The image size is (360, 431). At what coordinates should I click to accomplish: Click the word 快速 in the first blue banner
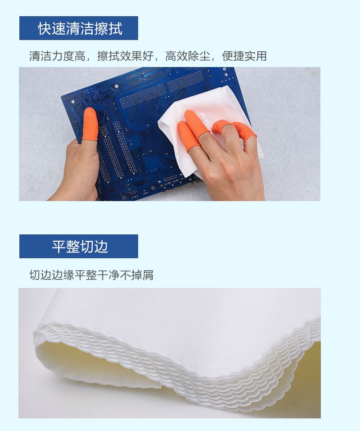52,28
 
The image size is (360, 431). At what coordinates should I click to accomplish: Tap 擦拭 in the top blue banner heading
108,28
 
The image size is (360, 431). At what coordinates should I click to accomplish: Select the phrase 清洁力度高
57,56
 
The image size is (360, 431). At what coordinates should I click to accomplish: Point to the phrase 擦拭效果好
125,56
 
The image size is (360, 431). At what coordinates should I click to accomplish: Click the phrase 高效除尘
188,56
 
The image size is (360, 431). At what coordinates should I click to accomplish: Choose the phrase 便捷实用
244,56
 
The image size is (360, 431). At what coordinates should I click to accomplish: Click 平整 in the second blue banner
66,247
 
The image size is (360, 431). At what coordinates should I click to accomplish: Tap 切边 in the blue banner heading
94,247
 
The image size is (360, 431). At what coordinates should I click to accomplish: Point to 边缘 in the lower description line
63,275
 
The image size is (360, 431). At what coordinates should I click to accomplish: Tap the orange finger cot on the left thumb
90,124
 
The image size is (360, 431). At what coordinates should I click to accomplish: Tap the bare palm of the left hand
80,168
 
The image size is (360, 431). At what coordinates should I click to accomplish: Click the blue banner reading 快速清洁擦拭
79,28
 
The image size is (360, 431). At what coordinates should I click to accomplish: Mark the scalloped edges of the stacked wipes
176,366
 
